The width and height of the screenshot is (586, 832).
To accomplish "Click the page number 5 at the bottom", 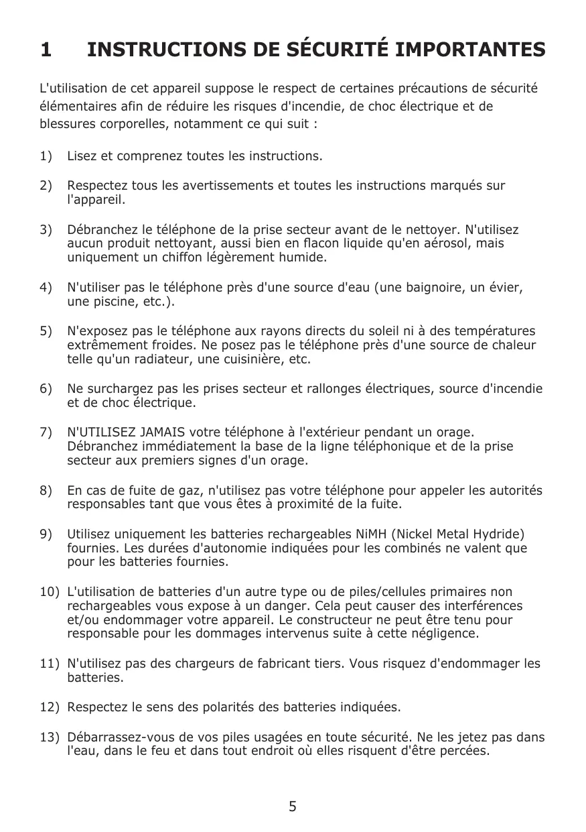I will point(293,807).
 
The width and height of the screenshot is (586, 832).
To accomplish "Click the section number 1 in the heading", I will point(46,50).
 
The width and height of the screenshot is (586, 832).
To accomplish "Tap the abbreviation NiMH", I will point(370,534).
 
